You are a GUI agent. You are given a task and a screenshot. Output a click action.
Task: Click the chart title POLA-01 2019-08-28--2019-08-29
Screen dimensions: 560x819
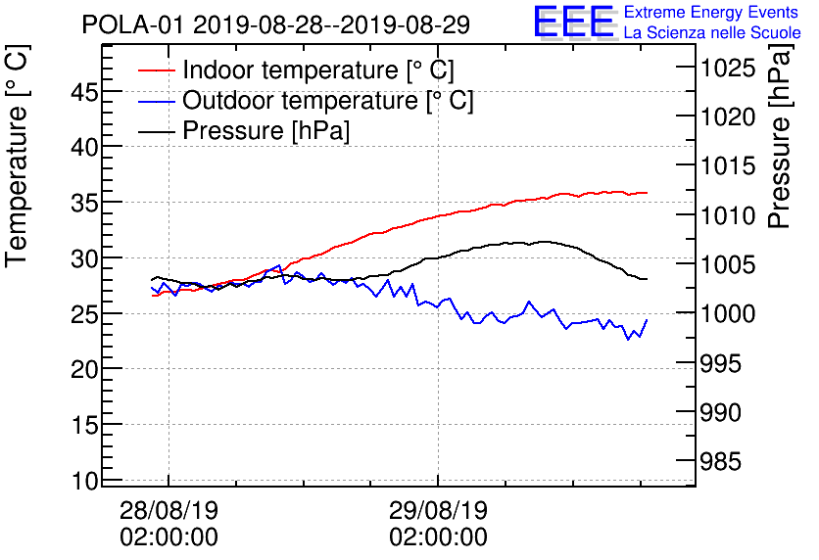click(275, 24)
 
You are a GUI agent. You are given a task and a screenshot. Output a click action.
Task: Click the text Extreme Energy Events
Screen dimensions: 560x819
click(711, 13)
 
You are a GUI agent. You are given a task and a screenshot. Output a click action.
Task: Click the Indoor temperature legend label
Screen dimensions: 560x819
click(317, 71)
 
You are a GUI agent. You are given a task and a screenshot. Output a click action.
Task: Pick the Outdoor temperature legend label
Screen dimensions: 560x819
click(327, 101)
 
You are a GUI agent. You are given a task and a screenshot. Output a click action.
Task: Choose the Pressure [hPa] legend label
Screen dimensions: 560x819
click(265, 131)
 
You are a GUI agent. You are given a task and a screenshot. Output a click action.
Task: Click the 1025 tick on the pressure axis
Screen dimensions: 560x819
click(727, 68)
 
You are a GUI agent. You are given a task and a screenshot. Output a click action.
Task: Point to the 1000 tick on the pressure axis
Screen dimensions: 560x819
click(727, 314)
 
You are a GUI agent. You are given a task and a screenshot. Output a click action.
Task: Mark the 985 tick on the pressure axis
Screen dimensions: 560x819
click(721, 462)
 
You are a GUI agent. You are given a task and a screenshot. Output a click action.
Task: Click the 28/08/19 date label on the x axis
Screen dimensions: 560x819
click(169, 511)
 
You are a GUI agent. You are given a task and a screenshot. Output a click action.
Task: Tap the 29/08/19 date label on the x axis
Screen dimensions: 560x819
click(438, 511)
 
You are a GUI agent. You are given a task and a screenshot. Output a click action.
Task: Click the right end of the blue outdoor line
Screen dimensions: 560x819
click(647, 320)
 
